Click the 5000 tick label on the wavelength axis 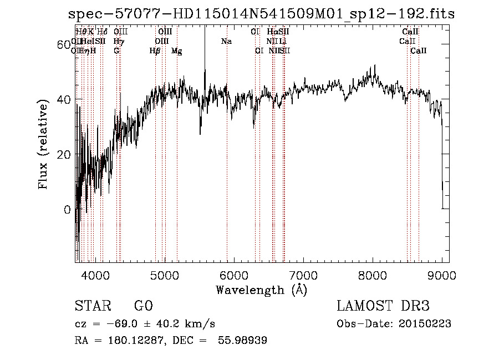tap(165, 275)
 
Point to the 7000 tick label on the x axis tap(303, 275)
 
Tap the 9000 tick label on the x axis tap(442, 275)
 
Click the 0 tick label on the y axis tap(68, 210)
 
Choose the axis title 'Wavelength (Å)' tap(261, 290)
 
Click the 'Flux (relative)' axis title tap(44, 144)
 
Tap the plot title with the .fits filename tap(260, 14)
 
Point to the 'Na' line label tap(226, 41)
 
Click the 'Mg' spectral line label tap(176, 51)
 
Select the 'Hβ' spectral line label tap(155, 51)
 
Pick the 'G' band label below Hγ tap(116, 50)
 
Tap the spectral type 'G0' tap(143, 306)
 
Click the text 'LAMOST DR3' tap(383, 306)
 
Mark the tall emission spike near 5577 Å tap(205, 61)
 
